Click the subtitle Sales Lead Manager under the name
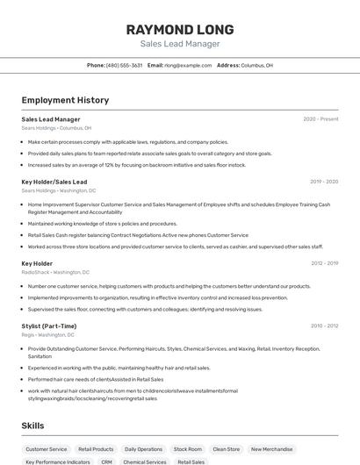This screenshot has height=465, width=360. [x=179, y=44]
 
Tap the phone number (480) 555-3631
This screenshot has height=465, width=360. [x=124, y=65]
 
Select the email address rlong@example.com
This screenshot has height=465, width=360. [x=188, y=65]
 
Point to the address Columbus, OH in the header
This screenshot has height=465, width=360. [x=256, y=65]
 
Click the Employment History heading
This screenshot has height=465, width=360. [x=65, y=100]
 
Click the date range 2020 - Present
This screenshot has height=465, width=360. [x=320, y=119]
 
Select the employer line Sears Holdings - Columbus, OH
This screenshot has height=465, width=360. [x=57, y=128]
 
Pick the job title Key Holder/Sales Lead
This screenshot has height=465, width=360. [x=54, y=182]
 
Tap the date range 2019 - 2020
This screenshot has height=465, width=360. [x=324, y=182]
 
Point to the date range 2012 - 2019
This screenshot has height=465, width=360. [x=324, y=263]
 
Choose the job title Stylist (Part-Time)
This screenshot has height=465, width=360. [x=49, y=325]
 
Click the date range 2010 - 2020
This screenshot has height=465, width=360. [x=324, y=325]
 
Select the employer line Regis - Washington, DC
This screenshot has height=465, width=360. [x=48, y=334]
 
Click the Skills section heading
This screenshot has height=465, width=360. [x=33, y=426]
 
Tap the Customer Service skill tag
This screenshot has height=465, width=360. [x=47, y=449]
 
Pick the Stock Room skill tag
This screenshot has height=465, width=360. [x=187, y=449]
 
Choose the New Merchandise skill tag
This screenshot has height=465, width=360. [x=272, y=449]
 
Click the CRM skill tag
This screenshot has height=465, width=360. [x=106, y=461]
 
